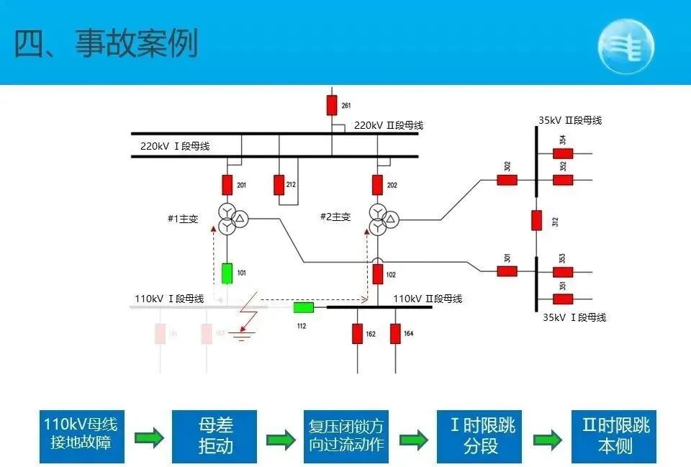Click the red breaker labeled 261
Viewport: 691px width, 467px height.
click(332, 105)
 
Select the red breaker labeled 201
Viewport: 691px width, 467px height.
click(227, 185)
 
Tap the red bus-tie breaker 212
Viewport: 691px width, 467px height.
click(279, 185)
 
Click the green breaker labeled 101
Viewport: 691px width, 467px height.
click(227, 273)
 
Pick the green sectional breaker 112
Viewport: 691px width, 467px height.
click(303, 308)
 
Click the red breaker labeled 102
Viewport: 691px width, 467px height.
click(378, 274)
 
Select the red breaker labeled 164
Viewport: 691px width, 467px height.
click(395, 333)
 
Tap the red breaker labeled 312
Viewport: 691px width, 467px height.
click(536, 219)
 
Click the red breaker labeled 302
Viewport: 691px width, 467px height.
click(507, 180)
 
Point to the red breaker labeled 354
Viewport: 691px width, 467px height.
click(563, 153)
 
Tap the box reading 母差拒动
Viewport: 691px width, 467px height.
click(215, 435)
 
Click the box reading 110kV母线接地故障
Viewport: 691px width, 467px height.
click(81, 435)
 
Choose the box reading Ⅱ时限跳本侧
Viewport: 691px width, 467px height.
click(614, 435)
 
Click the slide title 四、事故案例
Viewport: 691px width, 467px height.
click(106, 45)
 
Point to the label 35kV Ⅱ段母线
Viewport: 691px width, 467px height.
click(569, 121)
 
